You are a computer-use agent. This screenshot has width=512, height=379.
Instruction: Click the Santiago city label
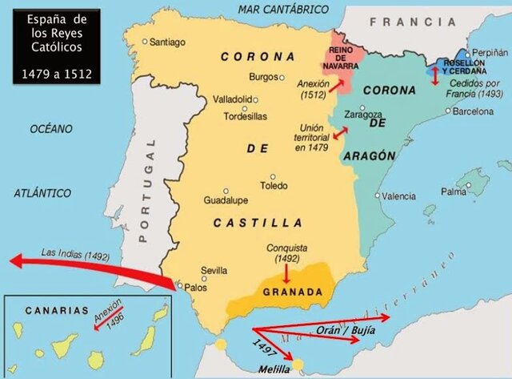coord(167,41)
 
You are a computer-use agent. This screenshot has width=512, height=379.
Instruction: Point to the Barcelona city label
coord(473,111)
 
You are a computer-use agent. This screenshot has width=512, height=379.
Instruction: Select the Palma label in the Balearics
coord(454,192)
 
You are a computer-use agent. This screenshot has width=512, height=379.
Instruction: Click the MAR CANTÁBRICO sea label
coord(283,9)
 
